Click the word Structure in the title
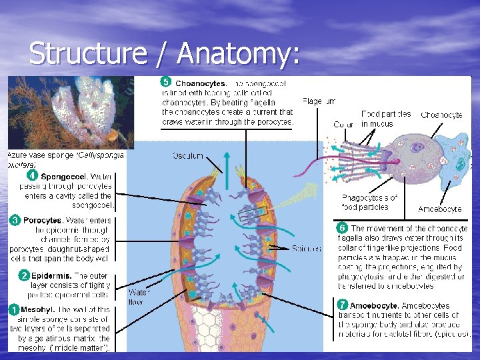[x=87, y=54]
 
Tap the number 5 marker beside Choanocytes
[x=166, y=83]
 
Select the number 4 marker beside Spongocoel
[x=31, y=176]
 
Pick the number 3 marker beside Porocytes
[x=14, y=219]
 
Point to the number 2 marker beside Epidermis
[x=24, y=275]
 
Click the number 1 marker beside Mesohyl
[x=13, y=309]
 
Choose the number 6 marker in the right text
[x=341, y=228]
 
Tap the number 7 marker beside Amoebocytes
[x=341, y=305]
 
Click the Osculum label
[x=188, y=155]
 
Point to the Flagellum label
[x=319, y=101]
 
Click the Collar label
[x=343, y=125]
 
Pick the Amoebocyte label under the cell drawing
[x=439, y=209]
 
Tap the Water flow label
[x=139, y=295]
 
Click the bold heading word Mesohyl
[x=37, y=309]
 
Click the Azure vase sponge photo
[x=71, y=113]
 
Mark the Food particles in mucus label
[x=386, y=119]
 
